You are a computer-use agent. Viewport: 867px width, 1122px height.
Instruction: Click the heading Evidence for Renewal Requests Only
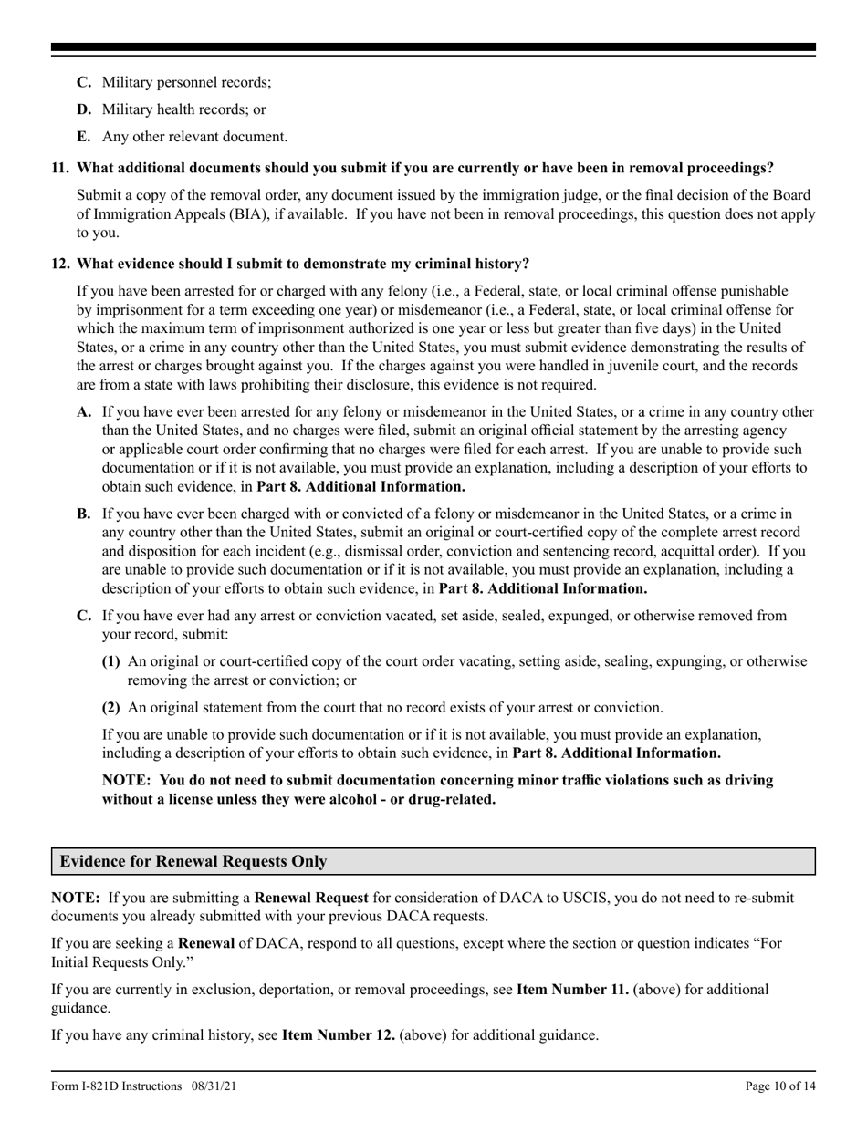tap(193, 861)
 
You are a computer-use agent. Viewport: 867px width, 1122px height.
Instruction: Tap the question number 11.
tap(60, 168)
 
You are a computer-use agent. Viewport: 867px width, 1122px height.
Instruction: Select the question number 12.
tap(60, 264)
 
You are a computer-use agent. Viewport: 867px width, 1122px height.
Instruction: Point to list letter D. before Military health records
tap(85, 109)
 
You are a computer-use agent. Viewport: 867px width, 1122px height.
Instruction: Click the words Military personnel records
tap(186, 82)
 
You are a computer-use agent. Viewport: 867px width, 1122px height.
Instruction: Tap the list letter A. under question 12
tap(85, 411)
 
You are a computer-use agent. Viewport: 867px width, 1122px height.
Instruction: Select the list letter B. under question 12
tap(85, 514)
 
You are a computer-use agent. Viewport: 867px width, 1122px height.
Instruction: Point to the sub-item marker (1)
tap(110, 661)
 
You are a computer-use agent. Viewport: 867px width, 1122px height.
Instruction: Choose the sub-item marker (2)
tap(110, 707)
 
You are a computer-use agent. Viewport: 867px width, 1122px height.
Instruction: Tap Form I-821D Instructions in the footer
tap(116, 1086)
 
